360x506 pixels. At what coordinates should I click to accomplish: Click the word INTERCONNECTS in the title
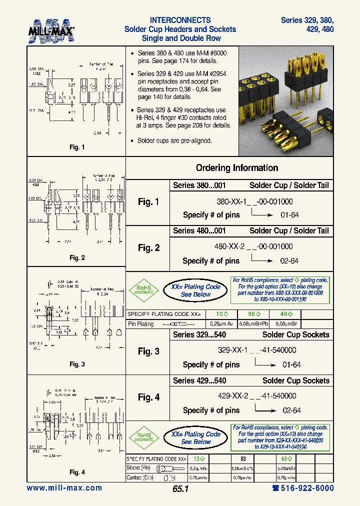click(x=180, y=20)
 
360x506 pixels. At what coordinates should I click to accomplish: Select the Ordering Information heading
click(x=236, y=168)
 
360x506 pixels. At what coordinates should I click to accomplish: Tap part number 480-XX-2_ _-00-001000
click(x=253, y=246)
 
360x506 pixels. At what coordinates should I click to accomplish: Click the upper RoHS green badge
click(x=144, y=290)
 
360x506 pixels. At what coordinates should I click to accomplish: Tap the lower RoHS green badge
click(x=144, y=437)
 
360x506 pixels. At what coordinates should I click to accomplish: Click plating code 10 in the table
click(x=221, y=314)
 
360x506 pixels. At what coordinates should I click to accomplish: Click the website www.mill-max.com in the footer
click(x=64, y=488)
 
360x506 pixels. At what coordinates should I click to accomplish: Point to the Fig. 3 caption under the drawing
click(x=76, y=364)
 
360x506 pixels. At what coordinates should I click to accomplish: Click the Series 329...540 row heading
click(x=199, y=335)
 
